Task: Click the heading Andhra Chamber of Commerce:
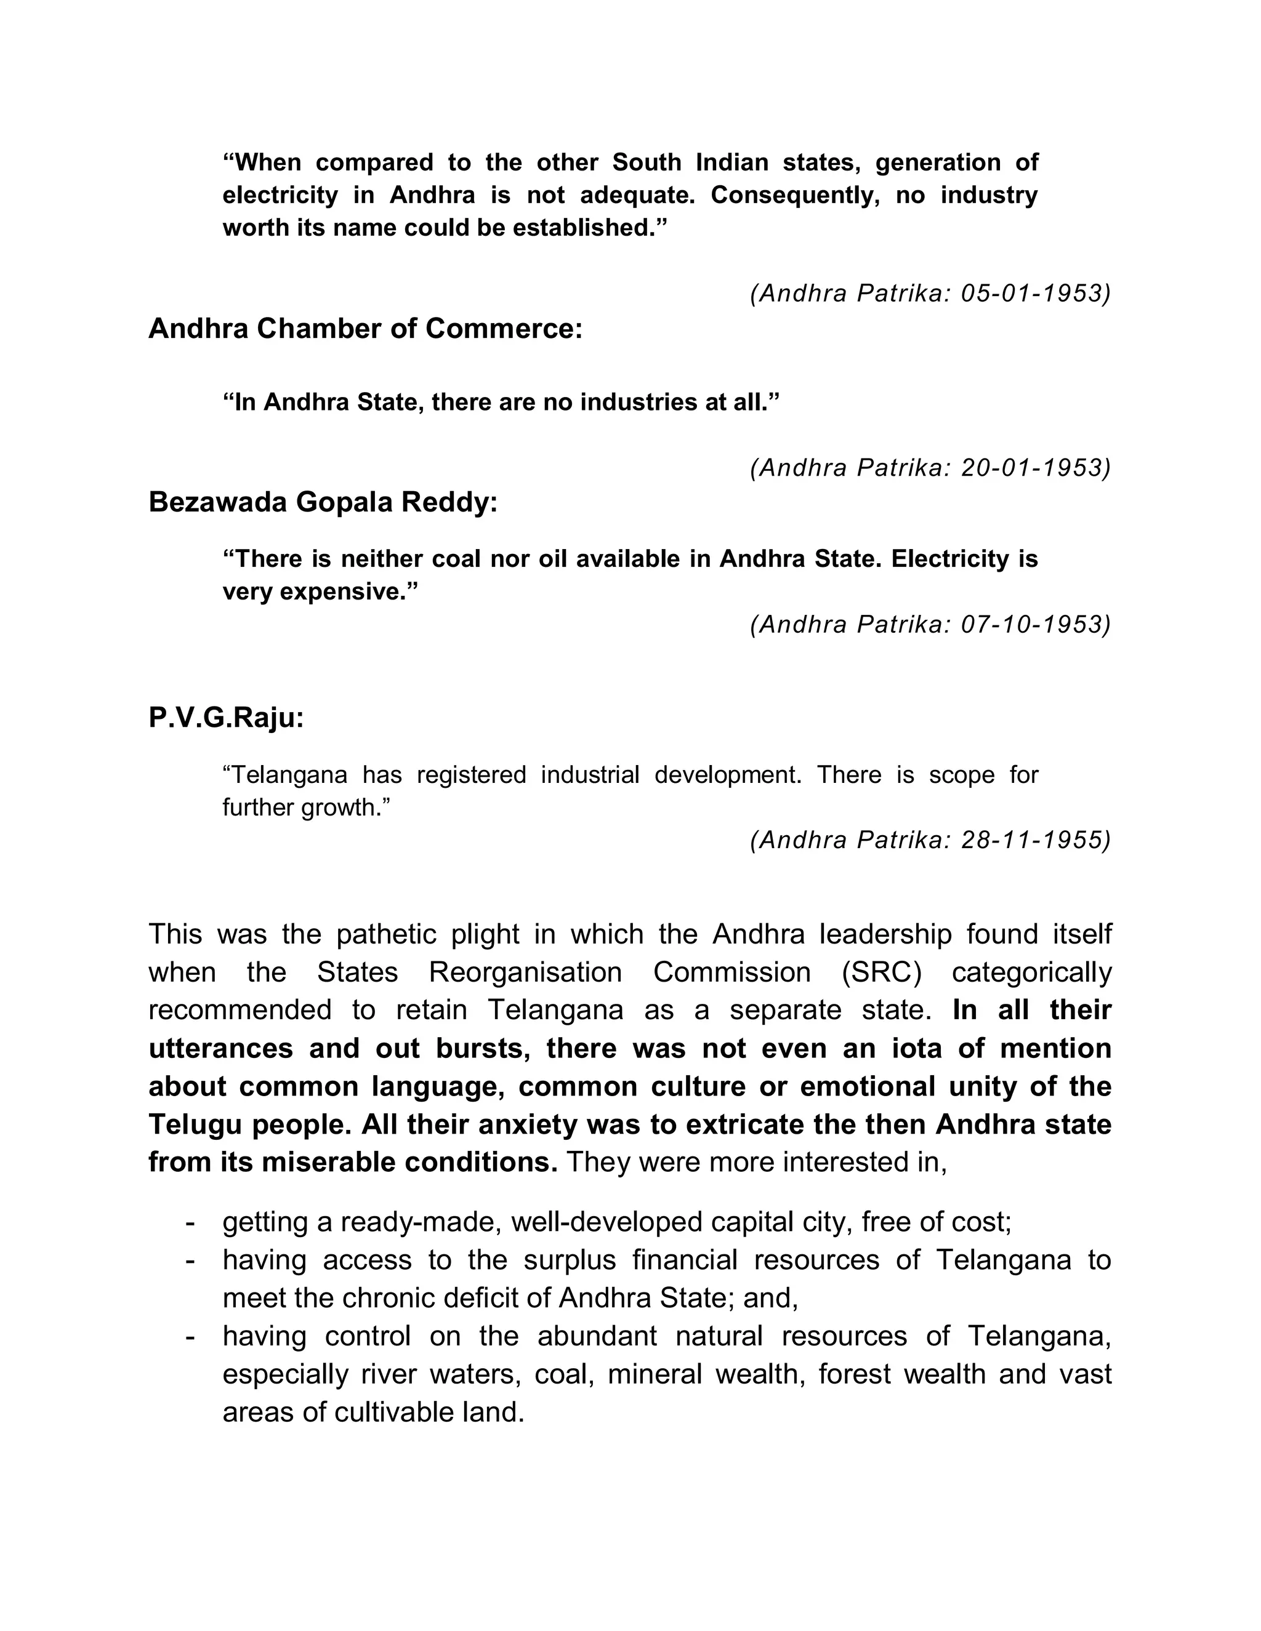click(x=365, y=329)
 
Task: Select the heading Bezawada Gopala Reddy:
click(x=323, y=503)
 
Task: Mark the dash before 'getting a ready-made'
click(x=190, y=1222)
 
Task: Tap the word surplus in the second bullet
click(x=570, y=1260)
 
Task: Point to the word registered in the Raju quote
click(x=472, y=775)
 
